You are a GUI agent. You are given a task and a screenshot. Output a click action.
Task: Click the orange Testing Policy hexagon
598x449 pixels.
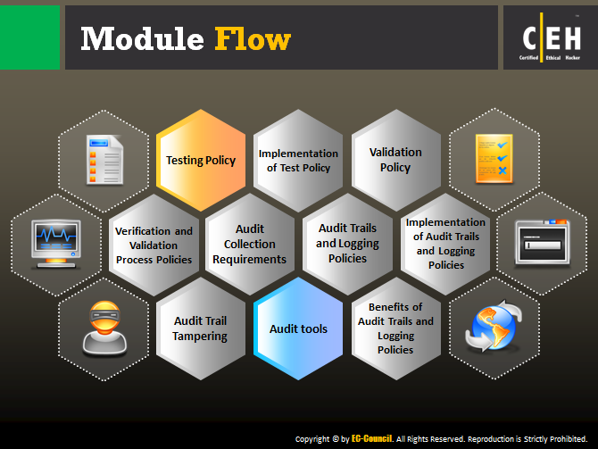pos(201,160)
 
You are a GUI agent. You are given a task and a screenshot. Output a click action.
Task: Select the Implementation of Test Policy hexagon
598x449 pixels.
pos(298,160)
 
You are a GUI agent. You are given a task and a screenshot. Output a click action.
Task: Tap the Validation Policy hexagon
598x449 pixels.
pos(396,160)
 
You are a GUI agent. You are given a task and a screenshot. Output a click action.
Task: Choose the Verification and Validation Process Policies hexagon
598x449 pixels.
pos(154,245)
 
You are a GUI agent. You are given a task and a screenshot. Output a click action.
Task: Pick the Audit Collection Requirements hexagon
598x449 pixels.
pos(250,245)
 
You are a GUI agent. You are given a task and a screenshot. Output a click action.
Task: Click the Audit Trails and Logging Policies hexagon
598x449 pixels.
pos(347,245)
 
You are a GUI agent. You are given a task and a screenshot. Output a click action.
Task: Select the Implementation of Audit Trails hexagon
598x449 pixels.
pos(445,245)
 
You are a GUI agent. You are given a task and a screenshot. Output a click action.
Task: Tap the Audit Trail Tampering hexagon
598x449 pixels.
pos(201,328)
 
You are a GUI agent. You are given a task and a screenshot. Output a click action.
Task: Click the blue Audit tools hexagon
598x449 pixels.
pos(298,328)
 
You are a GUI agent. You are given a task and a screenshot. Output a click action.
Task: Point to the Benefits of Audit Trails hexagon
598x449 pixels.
pos(396,328)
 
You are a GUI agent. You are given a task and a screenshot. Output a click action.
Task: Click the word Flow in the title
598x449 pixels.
pos(253,38)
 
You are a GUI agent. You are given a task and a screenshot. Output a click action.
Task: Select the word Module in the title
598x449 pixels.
pos(142,38)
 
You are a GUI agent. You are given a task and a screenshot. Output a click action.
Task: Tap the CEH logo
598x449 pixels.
pos(551,37)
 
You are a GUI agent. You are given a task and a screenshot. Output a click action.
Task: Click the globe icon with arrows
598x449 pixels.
pos(494,326)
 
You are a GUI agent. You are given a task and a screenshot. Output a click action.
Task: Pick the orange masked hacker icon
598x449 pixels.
pos(104,328)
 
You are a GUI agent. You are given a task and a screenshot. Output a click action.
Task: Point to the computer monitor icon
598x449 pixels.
pos(56,245)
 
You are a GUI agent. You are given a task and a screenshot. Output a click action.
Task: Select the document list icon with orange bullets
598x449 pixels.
pos(104,160)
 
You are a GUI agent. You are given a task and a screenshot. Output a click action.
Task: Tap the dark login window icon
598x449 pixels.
pos(542,243)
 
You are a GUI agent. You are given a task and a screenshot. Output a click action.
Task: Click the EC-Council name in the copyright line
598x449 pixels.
pos(371,438)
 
